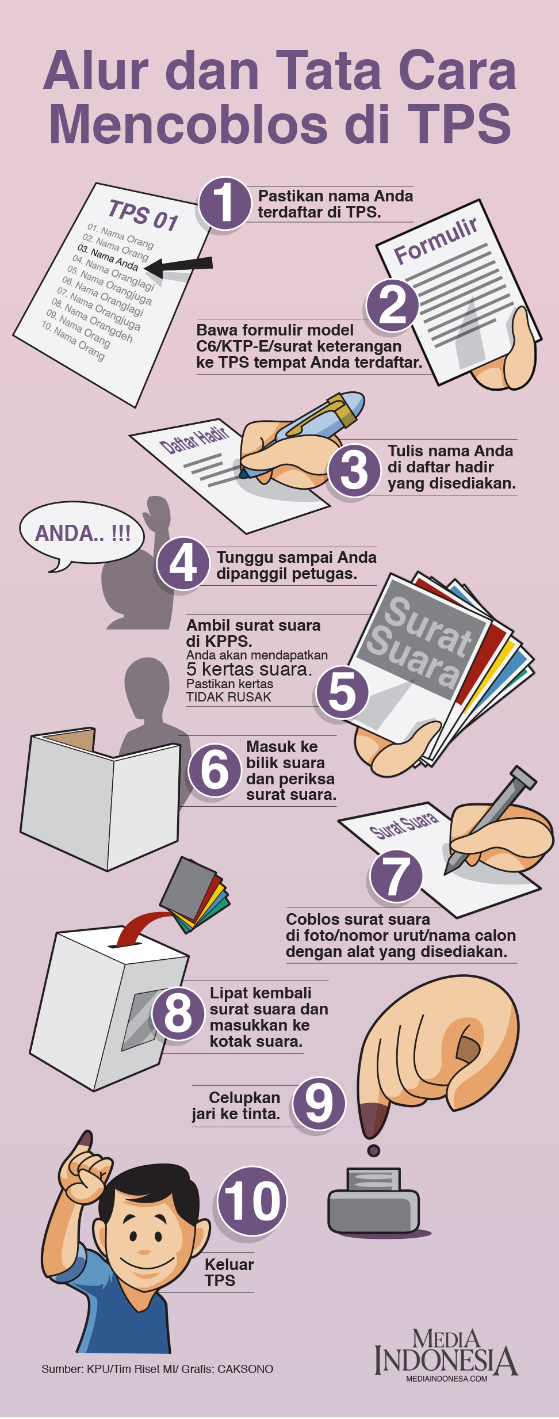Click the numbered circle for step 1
click(225, 203)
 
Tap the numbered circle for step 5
click(343, 691)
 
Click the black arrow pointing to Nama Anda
click(178, 265)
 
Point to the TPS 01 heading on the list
click(144, 215)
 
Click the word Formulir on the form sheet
click(436, 241)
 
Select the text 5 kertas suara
click(249, 669)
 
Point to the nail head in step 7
click(523, 777)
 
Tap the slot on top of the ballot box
click(125, 944)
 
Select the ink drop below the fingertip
click(373, 1150)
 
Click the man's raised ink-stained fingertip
click(84, 1139)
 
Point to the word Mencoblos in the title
click(190, 124)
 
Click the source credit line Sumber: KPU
click(157, 1369)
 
